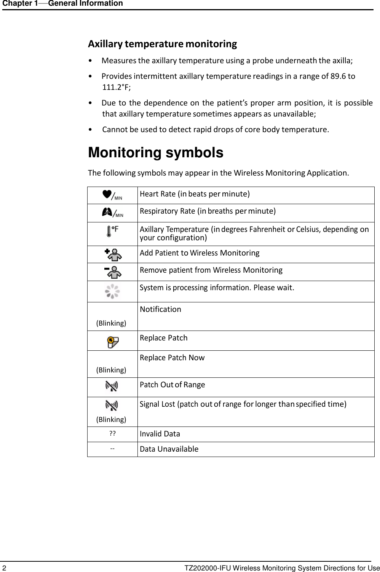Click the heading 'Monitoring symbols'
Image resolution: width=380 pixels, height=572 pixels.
(155, 153)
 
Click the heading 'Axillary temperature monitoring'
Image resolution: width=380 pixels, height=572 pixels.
(162, 44)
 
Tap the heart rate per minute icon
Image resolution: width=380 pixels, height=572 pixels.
(112, 195)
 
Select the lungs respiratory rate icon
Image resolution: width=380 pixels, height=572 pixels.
(112, 213)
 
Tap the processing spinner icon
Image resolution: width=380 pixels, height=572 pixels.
(112, 292)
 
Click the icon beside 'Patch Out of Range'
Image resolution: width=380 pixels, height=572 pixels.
(112, 387)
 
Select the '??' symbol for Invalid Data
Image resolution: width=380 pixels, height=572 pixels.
(113, 434)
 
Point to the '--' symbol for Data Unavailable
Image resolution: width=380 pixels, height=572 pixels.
(112, 448)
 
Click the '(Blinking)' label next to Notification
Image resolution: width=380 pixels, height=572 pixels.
(111, 323)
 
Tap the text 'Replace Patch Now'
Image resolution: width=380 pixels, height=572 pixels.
(172, 358)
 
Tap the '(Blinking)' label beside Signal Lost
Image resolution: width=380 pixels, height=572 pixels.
(111, 420)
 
